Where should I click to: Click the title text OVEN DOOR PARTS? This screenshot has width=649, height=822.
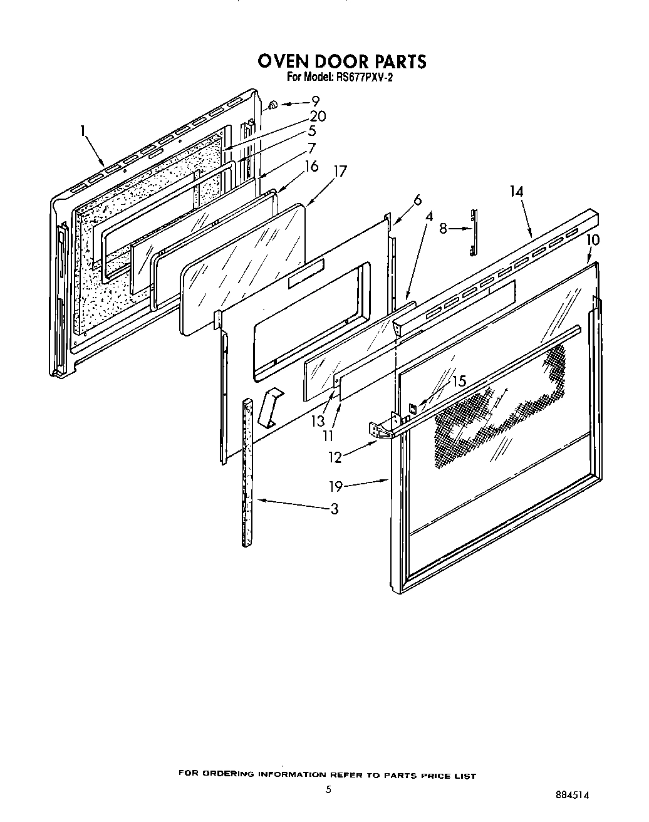[342, 61]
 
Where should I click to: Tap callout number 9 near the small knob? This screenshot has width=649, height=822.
[315, 101]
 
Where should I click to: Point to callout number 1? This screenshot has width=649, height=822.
[82, 130]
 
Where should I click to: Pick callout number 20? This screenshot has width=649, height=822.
[318, 117]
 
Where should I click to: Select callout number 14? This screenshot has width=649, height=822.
[516, 192]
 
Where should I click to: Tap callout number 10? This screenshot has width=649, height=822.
[593, 239]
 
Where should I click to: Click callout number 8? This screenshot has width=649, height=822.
[443, 229]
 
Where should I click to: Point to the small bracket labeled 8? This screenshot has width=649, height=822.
[474, 232]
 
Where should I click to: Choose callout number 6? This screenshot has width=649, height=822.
[417, 200]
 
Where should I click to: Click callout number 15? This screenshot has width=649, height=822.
[459, 381]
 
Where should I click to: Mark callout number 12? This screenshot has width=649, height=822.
[336, 457]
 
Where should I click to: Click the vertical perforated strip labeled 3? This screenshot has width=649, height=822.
[247, 470]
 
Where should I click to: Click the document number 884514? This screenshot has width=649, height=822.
[573, 794]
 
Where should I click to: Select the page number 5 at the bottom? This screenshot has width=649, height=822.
[328, 790]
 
